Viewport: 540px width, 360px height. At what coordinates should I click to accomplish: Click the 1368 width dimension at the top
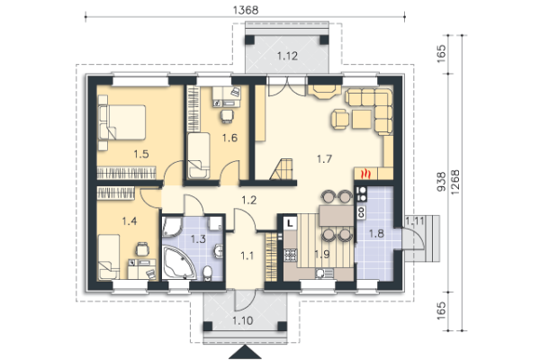click(x=245, y=10)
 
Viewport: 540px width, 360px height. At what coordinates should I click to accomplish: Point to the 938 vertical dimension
click(x=441, y=182)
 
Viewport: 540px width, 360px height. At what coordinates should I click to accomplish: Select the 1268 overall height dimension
click(x=454, y=182)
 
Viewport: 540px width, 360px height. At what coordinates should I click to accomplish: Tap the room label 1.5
click(x=141, y=154)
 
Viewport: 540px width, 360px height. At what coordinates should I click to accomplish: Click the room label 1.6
click(x=229, y=138)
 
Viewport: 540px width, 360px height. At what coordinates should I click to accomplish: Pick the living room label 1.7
click(x=324, y=158)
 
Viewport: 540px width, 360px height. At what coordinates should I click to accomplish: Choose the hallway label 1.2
click(x=248, y=200)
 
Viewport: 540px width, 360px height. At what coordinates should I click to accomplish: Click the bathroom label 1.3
click(x=198, y=238)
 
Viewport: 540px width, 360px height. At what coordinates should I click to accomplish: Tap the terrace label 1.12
click(x=287, y=56)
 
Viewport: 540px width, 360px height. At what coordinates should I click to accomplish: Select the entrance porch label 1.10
click(x=243, y=320)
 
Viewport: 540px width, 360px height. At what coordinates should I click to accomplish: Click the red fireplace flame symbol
click(x=365, y=174)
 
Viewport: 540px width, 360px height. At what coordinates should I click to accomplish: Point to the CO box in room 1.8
click(x=361, y=212)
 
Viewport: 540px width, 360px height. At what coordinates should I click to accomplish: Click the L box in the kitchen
click(x=291, y=222)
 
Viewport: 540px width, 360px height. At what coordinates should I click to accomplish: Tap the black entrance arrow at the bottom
click(x=245, y=353)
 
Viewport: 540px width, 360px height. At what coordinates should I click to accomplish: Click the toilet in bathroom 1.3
click(x=207, y=274)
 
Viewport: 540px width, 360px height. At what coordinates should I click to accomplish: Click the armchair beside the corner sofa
click(x=340, y=119)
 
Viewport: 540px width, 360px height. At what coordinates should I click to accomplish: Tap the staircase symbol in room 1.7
click(x=282, y=169)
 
